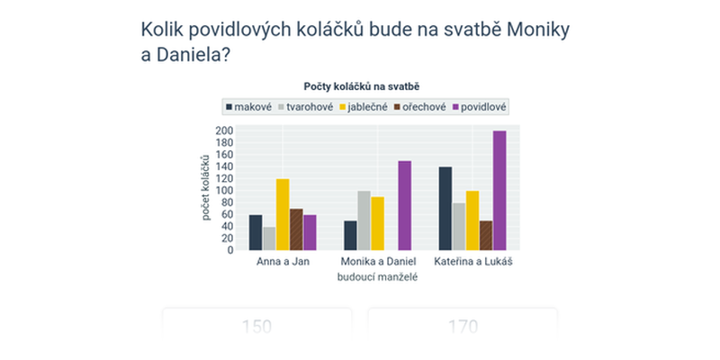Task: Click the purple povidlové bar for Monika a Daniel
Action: [x=404, y=205]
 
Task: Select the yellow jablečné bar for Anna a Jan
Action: [x=283, y=214]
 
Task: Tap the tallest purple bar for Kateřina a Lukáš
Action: [x=499, y=190]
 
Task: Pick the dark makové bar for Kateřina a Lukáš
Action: [x=445, y=208]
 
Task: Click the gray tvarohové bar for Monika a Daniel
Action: [x=364, y=220]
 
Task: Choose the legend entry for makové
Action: [x=247, y=107]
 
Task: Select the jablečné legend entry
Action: [x=364, y=107]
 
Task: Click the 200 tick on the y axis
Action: [x=224, y=130]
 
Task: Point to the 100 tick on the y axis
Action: [x=224, y=191]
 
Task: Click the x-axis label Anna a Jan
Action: [x=283, y=262]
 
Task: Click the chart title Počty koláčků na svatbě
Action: [x=363, y=86]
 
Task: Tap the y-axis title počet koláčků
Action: [x=205, y=191]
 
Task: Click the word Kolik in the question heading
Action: [x=165, y=30]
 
